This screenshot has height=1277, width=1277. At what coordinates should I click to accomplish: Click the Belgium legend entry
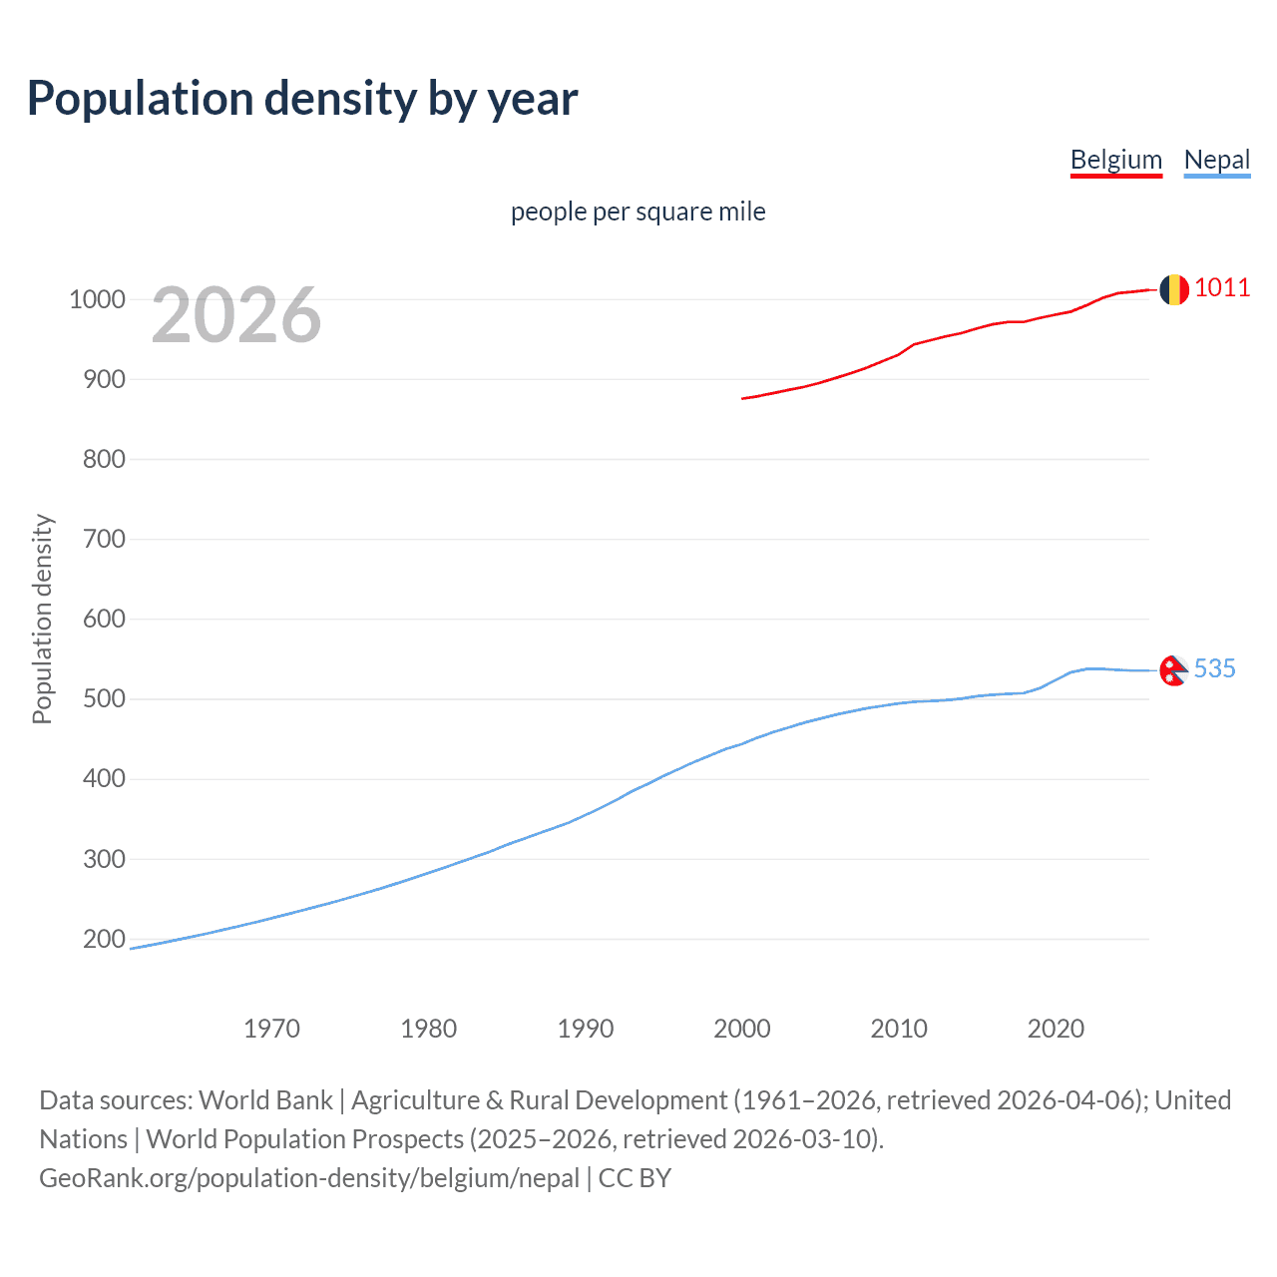click(1115, 160)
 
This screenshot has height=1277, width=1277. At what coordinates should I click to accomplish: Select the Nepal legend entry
click(1216, 160)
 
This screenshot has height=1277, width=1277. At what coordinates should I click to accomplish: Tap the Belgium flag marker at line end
click(1173, 289)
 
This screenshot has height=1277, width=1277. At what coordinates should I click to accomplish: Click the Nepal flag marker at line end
click(1173, 670)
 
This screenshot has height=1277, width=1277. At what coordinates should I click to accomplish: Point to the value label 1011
click(1221, 288)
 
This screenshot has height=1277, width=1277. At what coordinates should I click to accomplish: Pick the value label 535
click(1214, 669)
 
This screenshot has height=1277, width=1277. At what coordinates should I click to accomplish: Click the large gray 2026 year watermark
click(236, 315)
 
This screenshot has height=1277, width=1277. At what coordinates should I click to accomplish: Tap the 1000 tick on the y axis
click(97, 299)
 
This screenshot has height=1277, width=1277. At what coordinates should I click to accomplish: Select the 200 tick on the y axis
click(104, 939)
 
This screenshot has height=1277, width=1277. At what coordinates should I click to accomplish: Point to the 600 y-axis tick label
click(104, 619)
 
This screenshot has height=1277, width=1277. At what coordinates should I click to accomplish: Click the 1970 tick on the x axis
click(271, 1029)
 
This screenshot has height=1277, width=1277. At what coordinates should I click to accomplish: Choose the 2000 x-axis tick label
click(741, 1029)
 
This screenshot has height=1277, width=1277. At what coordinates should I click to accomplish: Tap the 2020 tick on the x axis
click(1056, 1029)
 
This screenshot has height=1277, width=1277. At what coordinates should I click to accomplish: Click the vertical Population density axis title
click(42, 619)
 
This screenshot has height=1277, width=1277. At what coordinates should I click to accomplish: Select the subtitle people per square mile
click(638, 213)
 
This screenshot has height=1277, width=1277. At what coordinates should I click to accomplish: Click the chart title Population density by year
click(302, 99)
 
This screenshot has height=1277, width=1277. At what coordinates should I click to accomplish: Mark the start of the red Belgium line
click(743, 398)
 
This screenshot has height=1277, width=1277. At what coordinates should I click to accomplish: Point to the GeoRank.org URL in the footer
click(309, 1178)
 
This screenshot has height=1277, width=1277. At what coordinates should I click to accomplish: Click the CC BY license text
click(635, 1178)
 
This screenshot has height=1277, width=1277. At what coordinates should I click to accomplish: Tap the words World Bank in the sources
click(265, 1100)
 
